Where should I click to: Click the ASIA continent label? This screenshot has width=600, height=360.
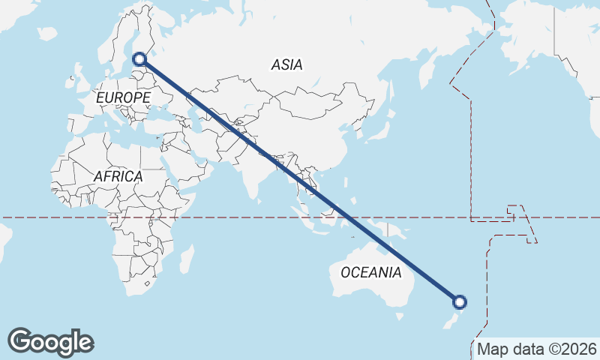point(287,65)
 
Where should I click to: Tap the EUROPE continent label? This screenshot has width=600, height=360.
point(124,97)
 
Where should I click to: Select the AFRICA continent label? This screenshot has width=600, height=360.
point(118,176)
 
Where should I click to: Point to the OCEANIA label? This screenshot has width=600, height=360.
point(371,272)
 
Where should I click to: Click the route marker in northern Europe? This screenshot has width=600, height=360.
point(139,58)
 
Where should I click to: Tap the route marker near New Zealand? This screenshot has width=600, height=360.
point(460,302)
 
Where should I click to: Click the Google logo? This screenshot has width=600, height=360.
point(50,342)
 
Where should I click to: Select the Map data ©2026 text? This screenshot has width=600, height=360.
point(537,349)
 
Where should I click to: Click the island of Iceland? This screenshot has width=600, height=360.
point(46,33)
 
